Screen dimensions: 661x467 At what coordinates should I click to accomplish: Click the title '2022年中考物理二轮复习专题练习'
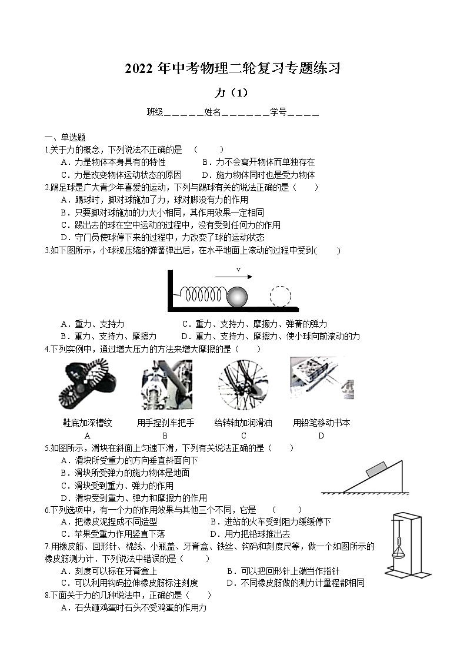(x=233, y=69)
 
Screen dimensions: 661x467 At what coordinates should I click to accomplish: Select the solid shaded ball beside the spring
(x=238, y=296)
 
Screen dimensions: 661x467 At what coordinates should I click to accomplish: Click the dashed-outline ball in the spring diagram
(x=281, y=296)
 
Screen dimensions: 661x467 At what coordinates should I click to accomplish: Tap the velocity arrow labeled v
(x=233, y=276)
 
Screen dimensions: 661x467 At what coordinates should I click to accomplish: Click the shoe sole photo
(x=88, y=386)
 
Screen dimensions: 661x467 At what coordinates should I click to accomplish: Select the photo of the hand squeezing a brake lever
(x=166, y=386)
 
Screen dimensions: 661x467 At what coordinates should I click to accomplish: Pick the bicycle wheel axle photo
(x=243, y=386)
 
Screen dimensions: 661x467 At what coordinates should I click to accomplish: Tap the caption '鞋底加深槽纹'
(x=88, y=423)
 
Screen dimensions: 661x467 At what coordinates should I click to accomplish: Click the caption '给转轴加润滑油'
(x=243, y=423)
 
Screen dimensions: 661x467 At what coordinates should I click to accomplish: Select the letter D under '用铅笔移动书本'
(x=321, y=436)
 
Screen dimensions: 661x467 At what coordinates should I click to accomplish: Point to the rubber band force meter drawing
(x=403, y=544)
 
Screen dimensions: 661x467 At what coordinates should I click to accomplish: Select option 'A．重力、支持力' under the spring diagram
(x=92, y=324)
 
